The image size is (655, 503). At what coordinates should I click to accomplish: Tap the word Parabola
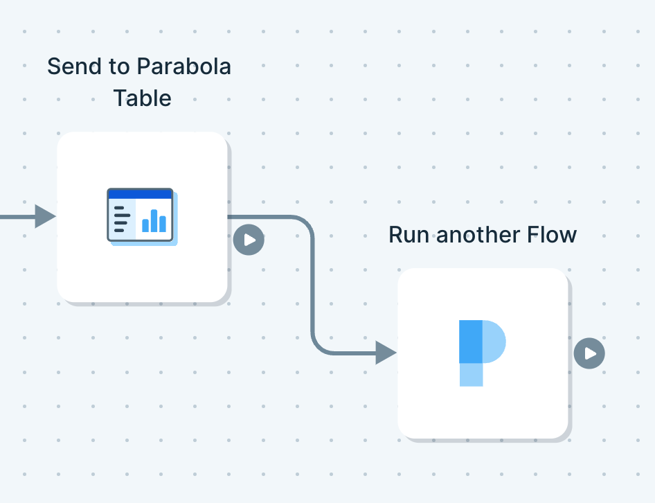(x=183, y=67)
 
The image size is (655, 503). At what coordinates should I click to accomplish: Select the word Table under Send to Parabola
(x=142, y=98)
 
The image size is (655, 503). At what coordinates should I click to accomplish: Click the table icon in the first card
(x=141, y=215)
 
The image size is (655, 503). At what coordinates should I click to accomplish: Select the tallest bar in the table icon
(x=154, y=220)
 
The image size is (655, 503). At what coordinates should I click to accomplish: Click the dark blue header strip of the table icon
(x=140, y=193)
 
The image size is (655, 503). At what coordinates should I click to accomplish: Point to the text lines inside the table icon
(x=120, y=218)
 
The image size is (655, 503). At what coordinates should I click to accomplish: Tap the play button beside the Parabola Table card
(x=249, y=240)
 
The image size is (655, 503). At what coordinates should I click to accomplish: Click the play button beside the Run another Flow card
(x=589, y=353)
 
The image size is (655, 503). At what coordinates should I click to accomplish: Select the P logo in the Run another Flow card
(x=481, y=352)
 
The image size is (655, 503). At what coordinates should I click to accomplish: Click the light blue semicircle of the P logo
(x=495, y=342)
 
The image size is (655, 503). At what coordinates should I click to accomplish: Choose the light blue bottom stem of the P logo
(x=471, y=375)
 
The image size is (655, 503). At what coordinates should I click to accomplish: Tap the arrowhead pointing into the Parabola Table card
(x=45, y=216)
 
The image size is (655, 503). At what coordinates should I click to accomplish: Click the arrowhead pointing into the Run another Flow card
(x=385, y=353)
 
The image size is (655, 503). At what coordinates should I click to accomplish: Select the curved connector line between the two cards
(x=313, y=284)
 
